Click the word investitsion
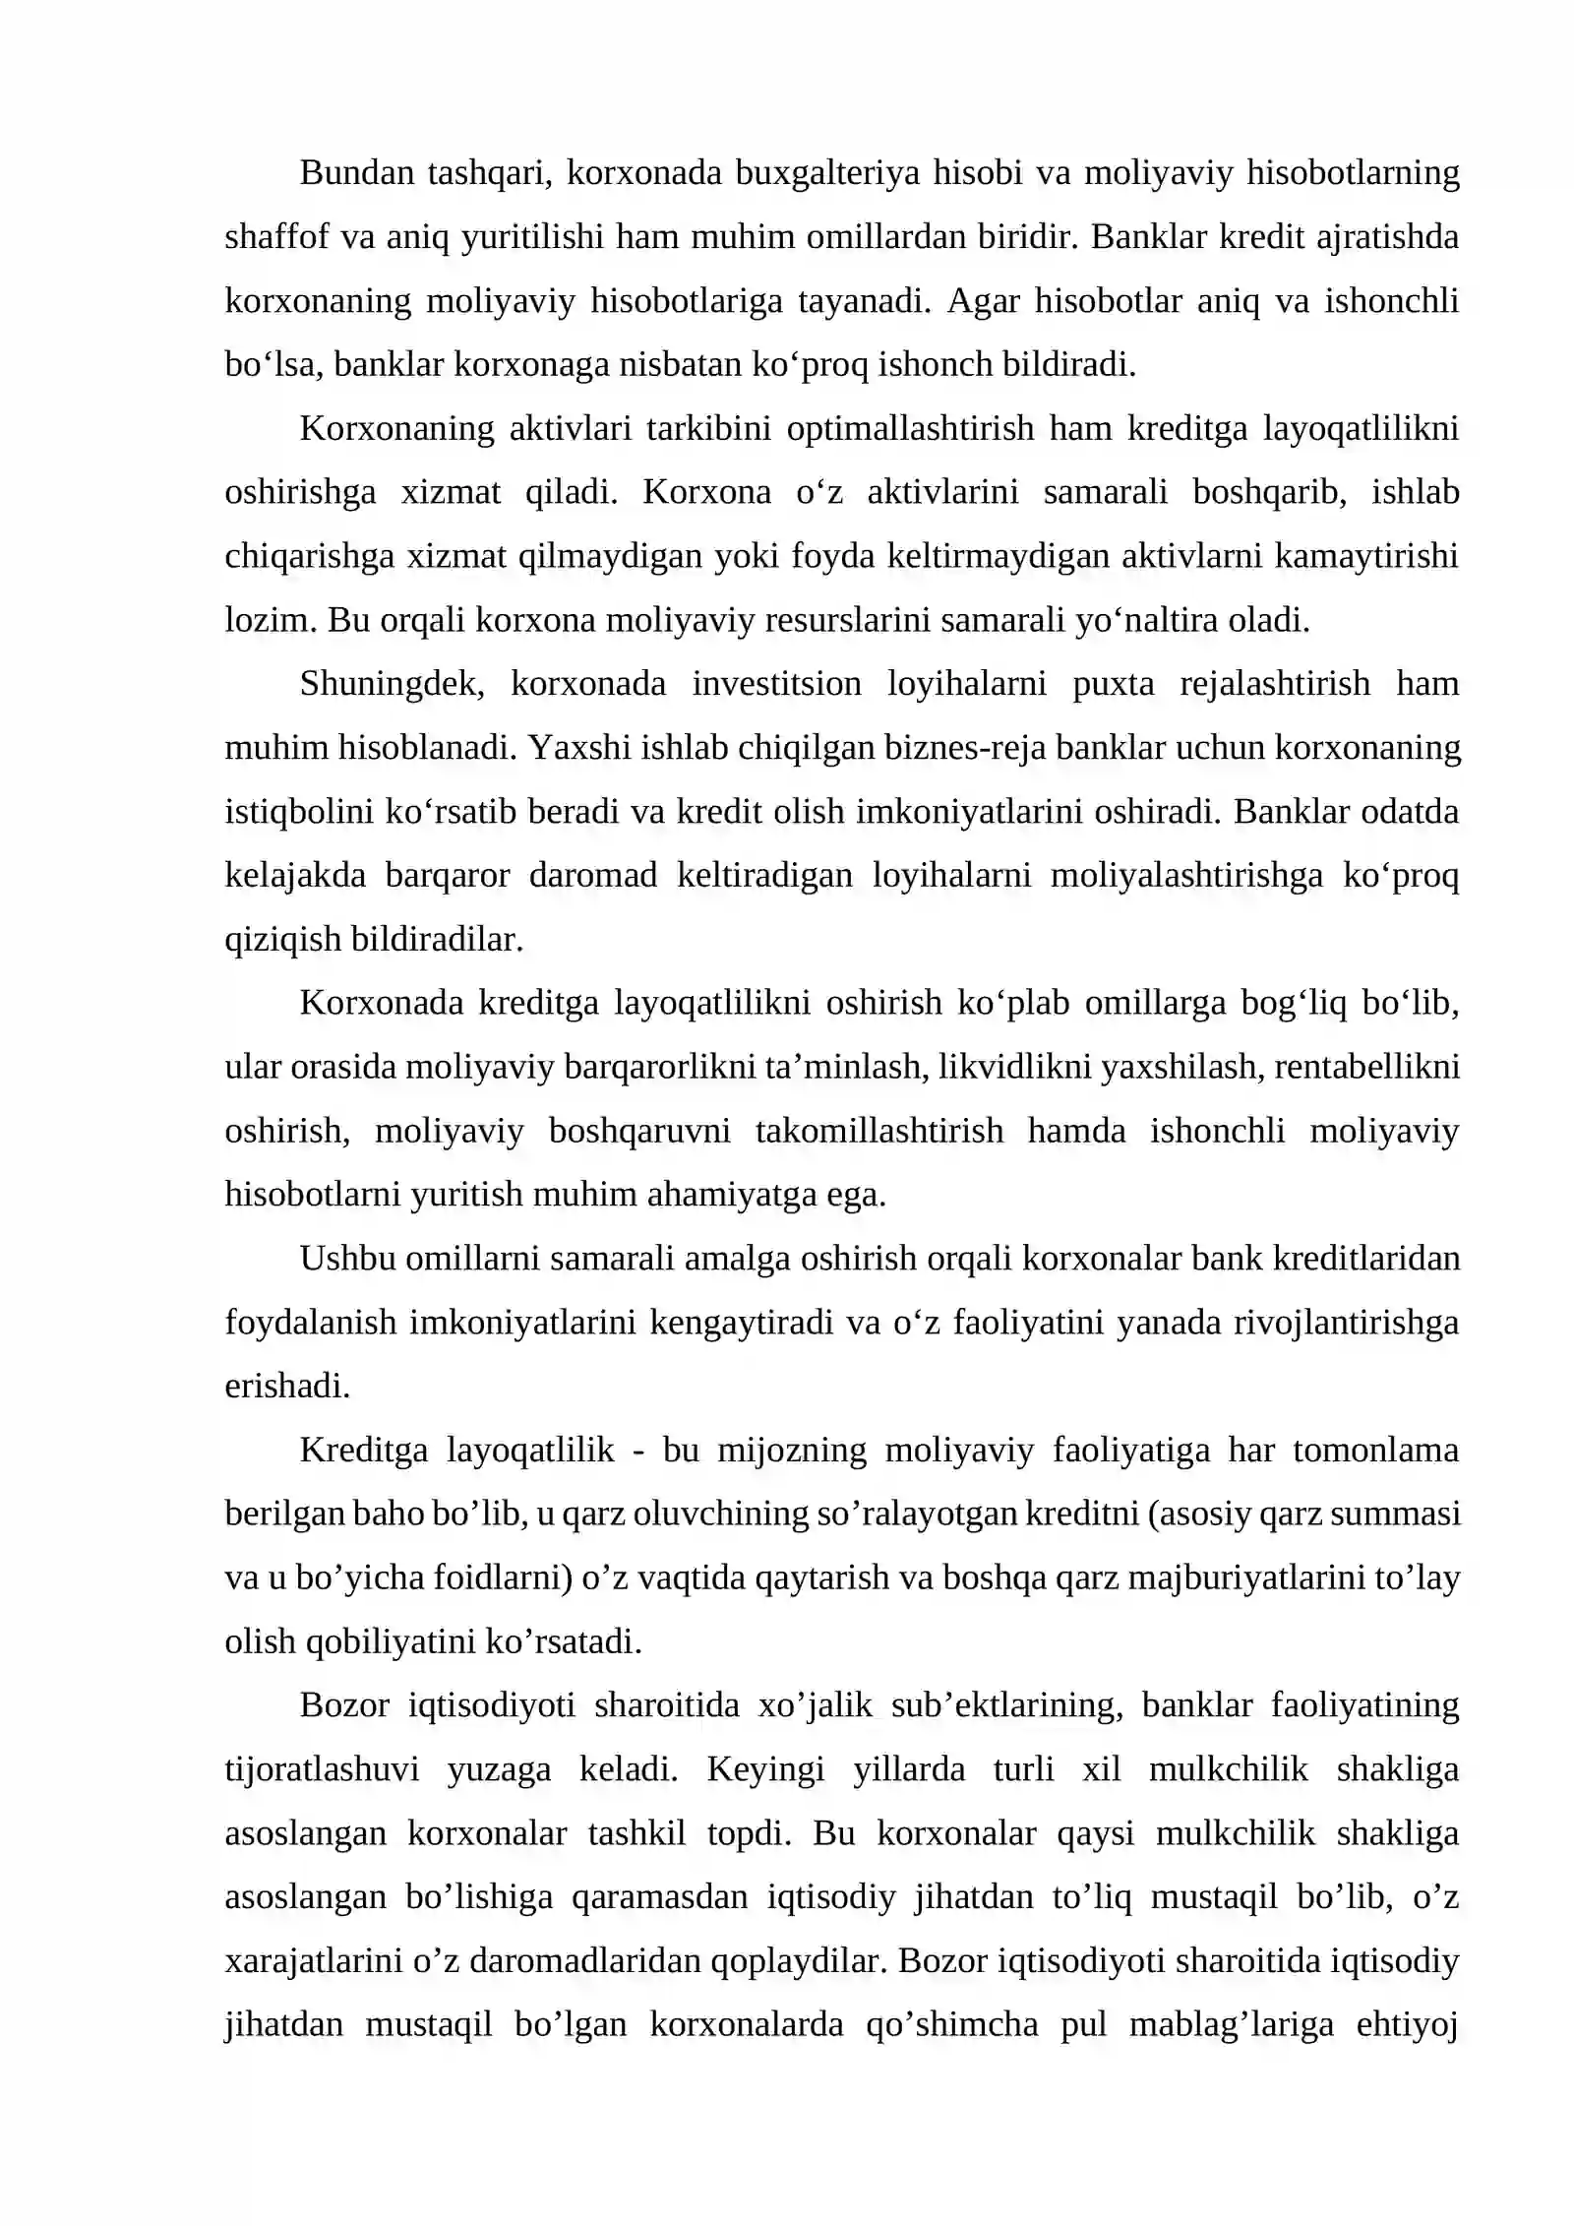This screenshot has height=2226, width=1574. [776, 684]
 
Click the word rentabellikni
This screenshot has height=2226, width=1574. [1365, 1068]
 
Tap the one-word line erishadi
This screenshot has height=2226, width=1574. [287, 1387]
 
